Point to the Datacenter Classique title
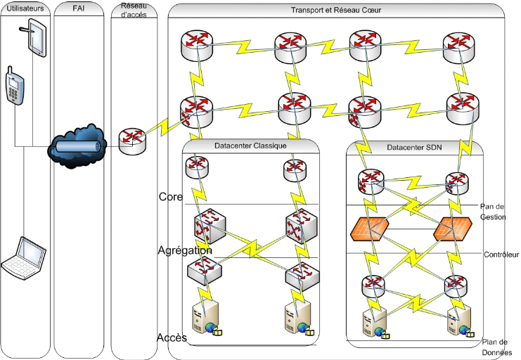coord(251,146)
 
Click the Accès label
coord(172,337)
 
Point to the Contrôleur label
coord(501,255)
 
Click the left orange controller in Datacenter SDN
coord(369,229)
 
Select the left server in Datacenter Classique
coord(203,319)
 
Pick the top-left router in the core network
coord(194,46)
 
